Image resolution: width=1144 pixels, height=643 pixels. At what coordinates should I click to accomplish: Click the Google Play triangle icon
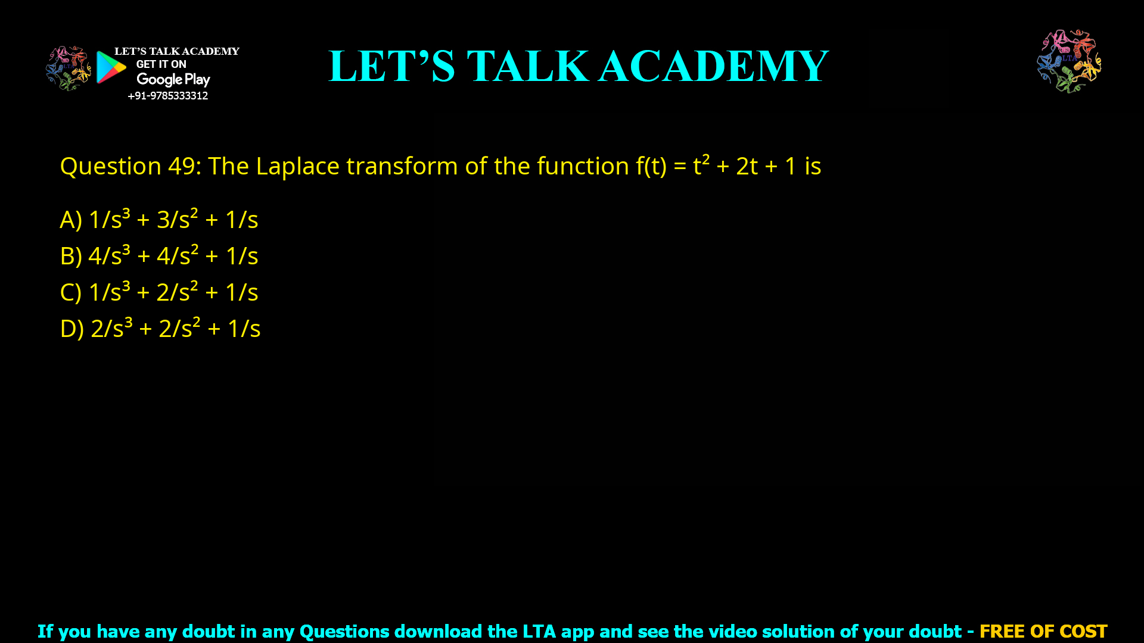tap(110, 67)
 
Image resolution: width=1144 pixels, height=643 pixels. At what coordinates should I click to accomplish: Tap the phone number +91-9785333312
tap(167, 96)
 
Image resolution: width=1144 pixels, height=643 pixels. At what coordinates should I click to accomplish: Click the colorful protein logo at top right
tap(1069, 61)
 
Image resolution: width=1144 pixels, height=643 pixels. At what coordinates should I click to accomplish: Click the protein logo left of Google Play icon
tap(69, 68)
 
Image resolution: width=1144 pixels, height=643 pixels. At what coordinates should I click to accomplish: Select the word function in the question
tap(582, 166)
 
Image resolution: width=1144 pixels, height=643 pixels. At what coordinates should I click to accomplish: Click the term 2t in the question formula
tap(747, 166)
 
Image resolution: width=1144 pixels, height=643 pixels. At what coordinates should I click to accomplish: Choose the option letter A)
tap(70, 220)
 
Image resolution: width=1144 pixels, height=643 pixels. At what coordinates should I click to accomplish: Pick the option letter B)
tap(70, 256)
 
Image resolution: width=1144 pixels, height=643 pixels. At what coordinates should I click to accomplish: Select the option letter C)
tap(70, 292)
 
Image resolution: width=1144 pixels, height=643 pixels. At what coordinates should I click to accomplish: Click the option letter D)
tap(71, 329)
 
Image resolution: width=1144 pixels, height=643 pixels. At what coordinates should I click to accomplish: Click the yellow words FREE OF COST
tap(1043, 631)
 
